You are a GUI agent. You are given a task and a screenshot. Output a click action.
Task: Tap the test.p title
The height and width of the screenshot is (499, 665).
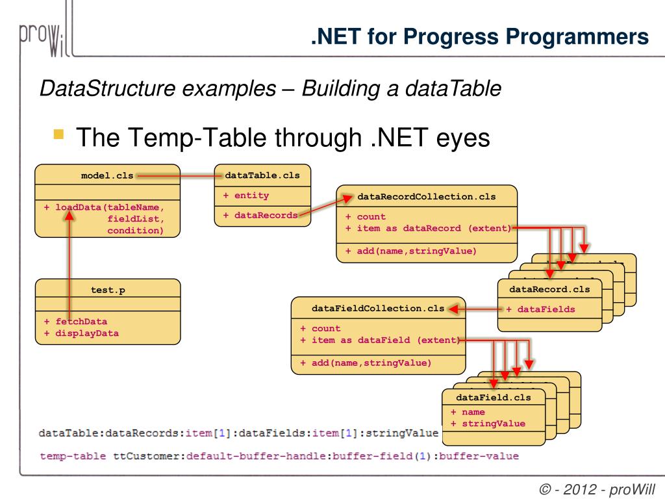[108, 290]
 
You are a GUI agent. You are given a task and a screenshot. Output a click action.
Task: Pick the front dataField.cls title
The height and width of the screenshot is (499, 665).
[494, 397]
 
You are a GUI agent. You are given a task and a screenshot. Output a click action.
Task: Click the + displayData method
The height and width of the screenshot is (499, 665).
[81, 333]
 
